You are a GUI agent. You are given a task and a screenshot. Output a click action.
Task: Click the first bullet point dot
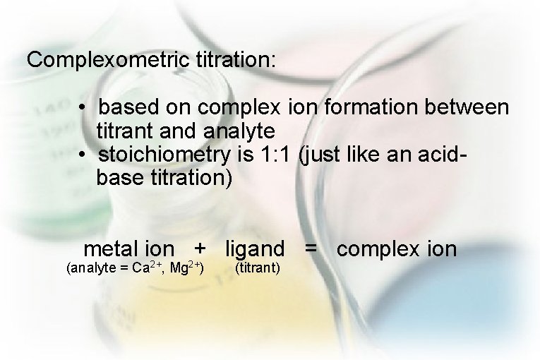point(83,108)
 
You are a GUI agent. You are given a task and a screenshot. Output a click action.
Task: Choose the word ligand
point(255,250)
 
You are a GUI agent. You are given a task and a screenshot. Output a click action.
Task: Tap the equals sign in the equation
point(311,249)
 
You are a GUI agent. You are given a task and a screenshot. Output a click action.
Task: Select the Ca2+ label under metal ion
point(148,268)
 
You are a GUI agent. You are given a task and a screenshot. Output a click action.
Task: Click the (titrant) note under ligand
point(258,268)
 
